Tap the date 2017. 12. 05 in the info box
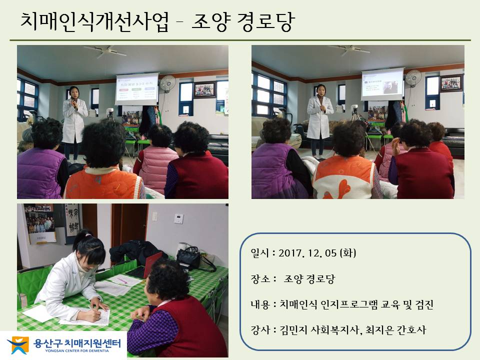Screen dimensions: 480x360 click(307, 253)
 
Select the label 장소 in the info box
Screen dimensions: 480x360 click(260, 279)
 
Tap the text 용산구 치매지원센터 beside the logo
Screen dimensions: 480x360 click(77, 343)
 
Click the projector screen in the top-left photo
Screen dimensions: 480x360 click(137, 89)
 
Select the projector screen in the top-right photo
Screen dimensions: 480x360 click(382, 84)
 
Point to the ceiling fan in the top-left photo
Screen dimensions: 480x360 click(105, 50)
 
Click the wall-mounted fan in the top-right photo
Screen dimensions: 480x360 click(413, 78)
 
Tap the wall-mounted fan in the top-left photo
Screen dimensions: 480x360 click(168, 83)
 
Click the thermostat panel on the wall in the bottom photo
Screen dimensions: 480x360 click(179, 218)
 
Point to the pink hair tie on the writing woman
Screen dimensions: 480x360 click(88, 235)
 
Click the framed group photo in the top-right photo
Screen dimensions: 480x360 click(451, 83)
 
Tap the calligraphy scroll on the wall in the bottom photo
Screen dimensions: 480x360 click(72, 224)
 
